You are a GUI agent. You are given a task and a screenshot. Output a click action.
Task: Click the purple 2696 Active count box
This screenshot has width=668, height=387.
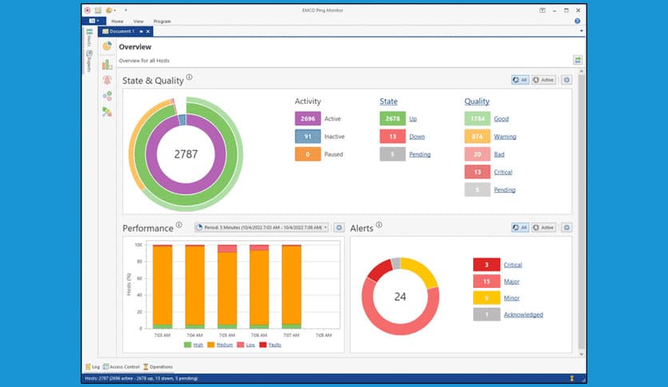coord(308,118)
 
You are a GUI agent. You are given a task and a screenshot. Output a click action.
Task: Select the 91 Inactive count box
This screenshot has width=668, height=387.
coord(308,137)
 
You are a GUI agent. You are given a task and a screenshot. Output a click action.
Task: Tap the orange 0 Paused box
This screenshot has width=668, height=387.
coord(308,154)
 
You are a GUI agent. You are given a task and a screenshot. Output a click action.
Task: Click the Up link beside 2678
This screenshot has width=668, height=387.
coord(413,118)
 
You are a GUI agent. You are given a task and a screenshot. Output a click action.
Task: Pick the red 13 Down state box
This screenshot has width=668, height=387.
coord(392,137)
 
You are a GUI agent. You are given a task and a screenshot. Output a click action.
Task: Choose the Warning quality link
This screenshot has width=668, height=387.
coord(504,137)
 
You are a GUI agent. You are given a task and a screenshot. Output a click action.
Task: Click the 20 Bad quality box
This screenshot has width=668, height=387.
coord(477,154)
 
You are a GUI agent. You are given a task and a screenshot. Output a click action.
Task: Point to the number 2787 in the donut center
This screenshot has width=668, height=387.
coord(186,154)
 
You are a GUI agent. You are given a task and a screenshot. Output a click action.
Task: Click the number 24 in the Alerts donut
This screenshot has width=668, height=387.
coord(400,296)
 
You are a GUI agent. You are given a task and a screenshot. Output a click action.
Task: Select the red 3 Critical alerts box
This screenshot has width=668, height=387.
coord(487,265)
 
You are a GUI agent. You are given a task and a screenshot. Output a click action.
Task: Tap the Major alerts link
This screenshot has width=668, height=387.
coord(512,281)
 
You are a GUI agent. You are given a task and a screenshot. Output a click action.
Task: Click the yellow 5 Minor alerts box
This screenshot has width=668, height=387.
coord(487,298)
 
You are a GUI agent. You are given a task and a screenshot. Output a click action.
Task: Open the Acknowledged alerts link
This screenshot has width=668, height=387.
coord(523,315)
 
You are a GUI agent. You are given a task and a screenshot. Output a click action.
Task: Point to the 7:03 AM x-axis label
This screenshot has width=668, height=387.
coord(162,334)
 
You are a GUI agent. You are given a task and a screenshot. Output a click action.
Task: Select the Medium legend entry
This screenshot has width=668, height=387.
coord(223,345)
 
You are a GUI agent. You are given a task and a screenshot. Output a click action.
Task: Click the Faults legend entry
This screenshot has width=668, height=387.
coord(273,345)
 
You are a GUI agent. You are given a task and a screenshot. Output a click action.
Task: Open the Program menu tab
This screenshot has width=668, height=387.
coord(162,21)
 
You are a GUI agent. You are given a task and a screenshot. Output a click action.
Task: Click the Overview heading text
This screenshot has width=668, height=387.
coord(135,47)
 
